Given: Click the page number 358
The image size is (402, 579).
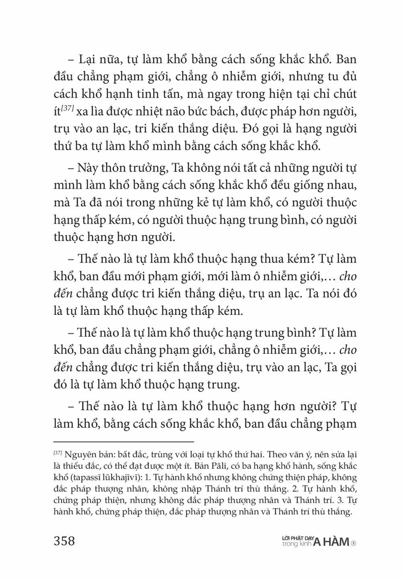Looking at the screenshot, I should [64, 541].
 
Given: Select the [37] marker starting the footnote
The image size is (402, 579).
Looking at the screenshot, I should [58, 454].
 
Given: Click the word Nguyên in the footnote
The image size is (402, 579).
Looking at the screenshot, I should [76, 454].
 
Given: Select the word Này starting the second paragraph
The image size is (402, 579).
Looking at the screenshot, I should [86, 168].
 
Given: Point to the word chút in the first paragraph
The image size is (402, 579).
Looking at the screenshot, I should [344, 94].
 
